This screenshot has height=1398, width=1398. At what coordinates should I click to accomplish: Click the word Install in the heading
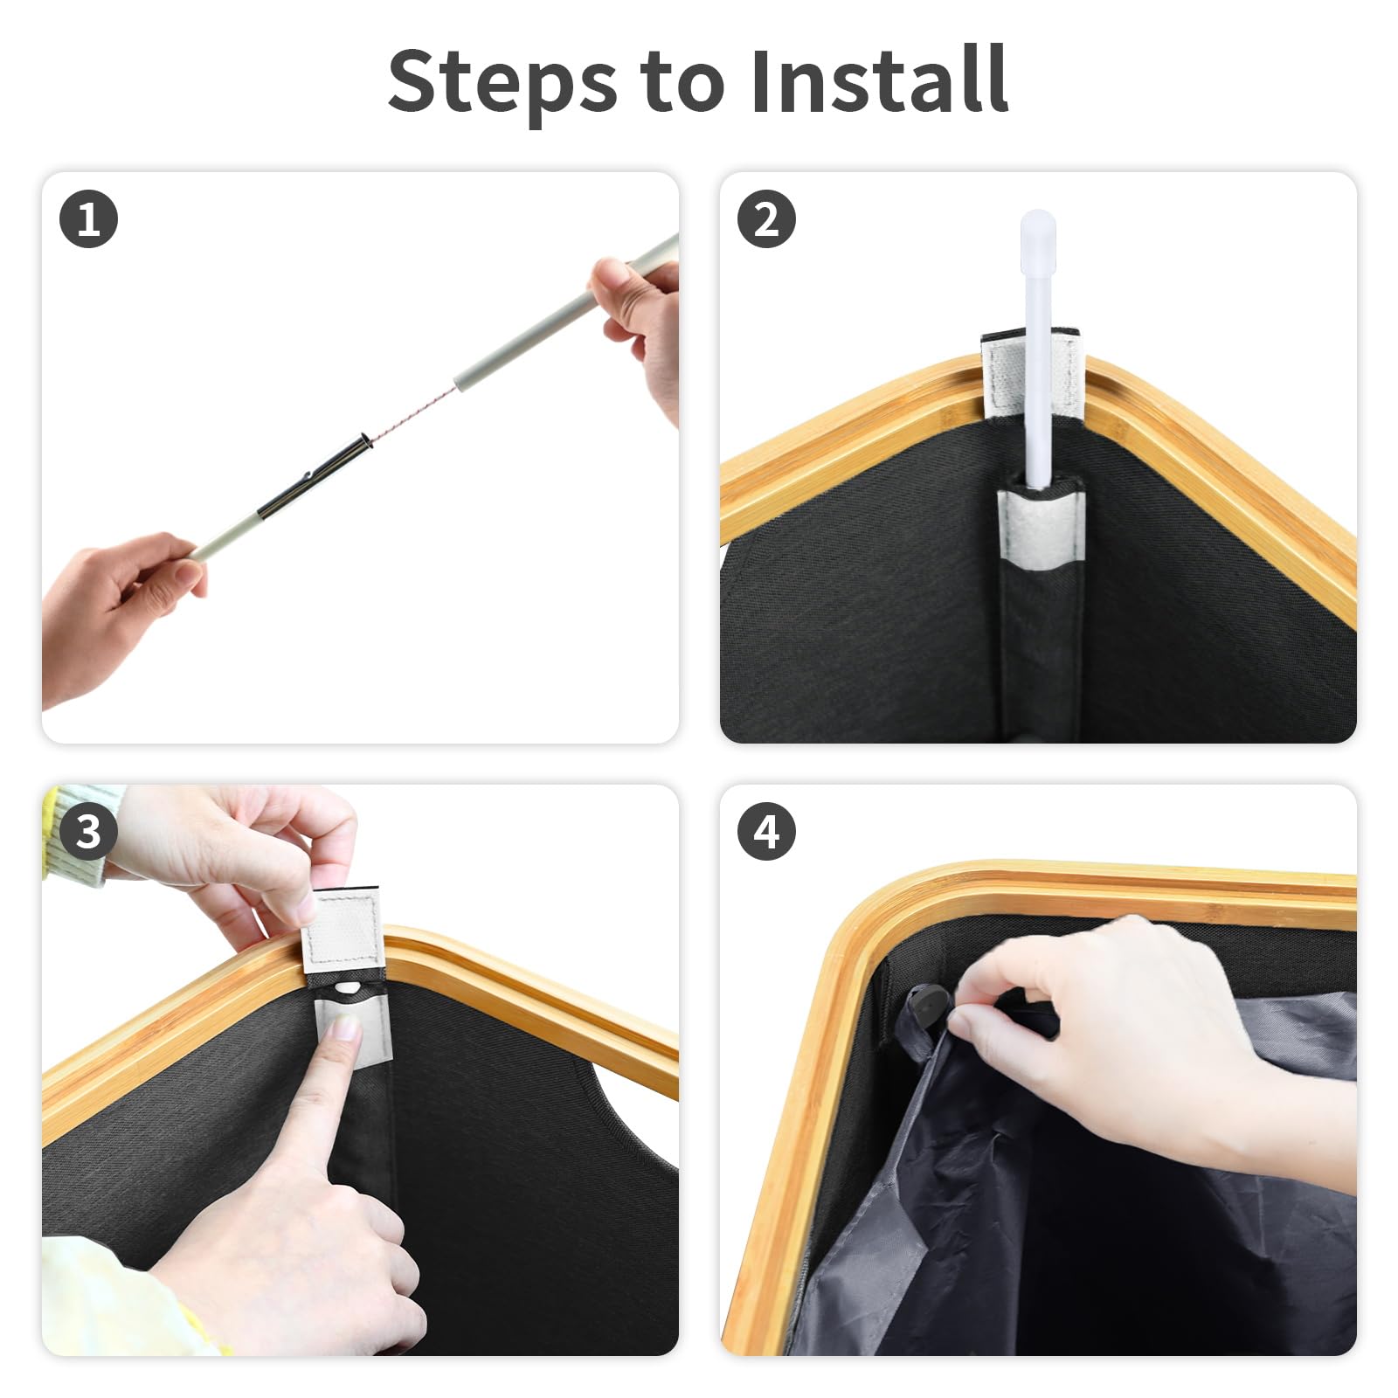coord(879,80)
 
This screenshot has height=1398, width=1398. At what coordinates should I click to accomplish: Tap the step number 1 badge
coord(88,218)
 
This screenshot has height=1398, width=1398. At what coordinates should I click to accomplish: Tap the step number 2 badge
coord(766,218)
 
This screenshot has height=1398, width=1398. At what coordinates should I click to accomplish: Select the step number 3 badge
coord(88,831)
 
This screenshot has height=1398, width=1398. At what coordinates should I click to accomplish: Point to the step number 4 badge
coord(766,831)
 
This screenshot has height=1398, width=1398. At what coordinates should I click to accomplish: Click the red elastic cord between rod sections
coord(412,415)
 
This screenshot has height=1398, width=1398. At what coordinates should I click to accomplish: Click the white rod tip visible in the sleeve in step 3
coord(348,988)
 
